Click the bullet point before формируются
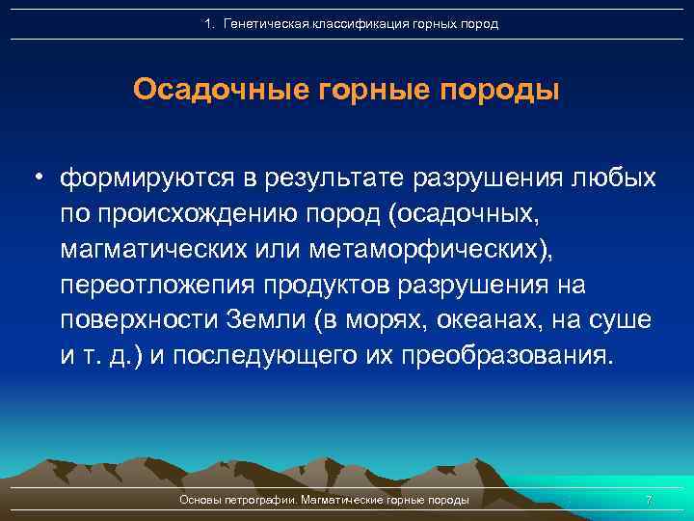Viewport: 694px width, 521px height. [x=39, y=179]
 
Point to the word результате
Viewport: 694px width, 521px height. [x=332, y=179]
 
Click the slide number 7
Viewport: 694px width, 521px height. [x=649, y=501]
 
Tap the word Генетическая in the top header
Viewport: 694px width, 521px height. [x=264, y=23]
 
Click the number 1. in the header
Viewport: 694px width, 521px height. [x=212, y=23]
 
